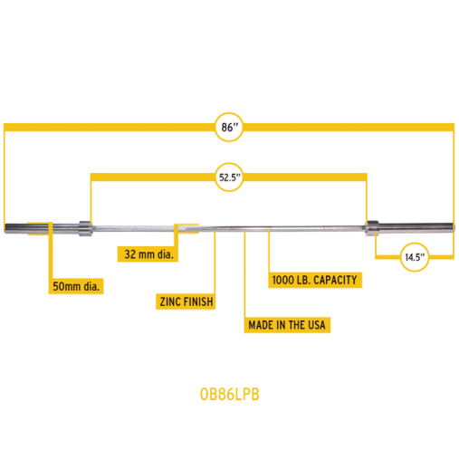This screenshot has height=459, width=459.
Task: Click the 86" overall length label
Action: (229, 128)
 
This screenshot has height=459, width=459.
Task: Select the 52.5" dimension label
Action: (229, 177)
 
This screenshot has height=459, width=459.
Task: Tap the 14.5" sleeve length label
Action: (414, 257)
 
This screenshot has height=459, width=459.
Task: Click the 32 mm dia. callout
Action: (146, 254)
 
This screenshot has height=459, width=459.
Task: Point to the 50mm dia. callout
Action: (76, 287)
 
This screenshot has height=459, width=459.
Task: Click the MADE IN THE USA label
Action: (288, 324)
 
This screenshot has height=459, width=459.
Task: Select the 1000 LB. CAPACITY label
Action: (316, 280)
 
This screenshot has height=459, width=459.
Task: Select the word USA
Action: (317, 324)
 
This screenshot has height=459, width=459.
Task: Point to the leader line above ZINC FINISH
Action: (215, 263)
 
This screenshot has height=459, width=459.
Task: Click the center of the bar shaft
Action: (228, 226)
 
